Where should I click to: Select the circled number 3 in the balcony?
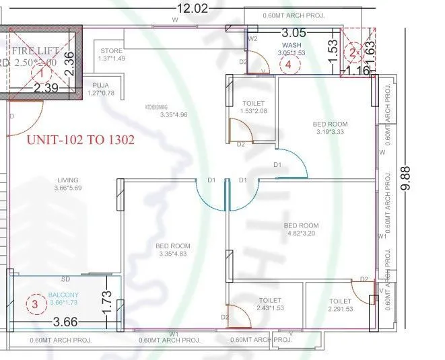click(x=35, y=303)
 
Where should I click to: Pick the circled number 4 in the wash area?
click(x=289, y=65)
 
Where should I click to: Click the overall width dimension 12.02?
click(x=193, y=8)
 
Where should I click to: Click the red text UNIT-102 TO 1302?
click(x=80, y=140)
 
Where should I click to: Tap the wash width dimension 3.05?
click(x=294, y=32)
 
